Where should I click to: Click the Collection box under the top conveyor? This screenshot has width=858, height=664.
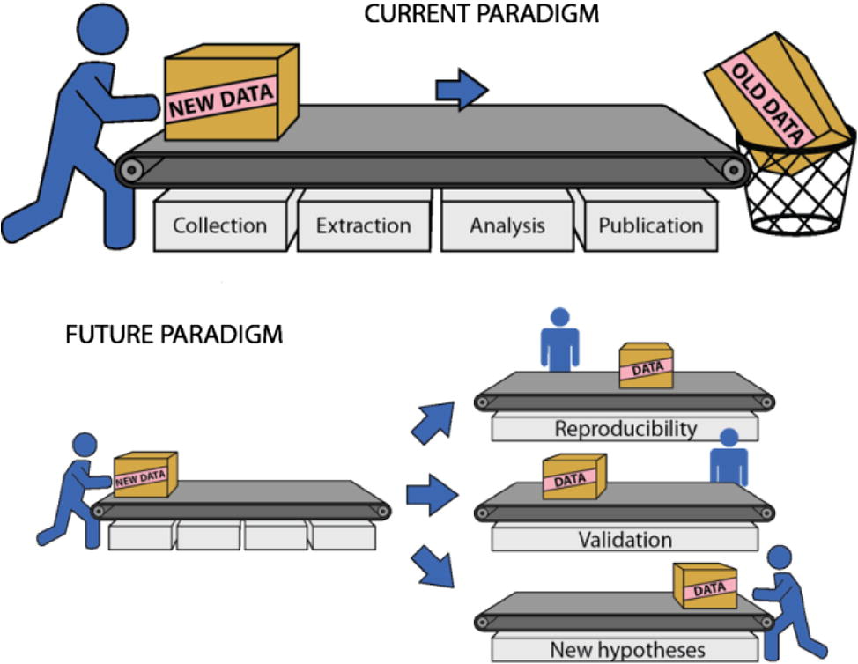[219, 225]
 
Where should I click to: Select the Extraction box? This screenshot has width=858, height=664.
[363, 225]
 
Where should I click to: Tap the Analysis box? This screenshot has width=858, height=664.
[507, 225]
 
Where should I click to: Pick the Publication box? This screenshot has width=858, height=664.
[650, 225]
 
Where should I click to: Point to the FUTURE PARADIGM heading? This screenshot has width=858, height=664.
[174, 336]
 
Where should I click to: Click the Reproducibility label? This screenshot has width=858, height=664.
[625, 429]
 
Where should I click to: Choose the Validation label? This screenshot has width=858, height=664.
[625, 539]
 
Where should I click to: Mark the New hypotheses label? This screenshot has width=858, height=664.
[627, 650]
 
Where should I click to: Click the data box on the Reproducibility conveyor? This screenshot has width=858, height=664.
[646, 366]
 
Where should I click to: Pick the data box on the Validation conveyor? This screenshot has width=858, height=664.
[573, 476]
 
